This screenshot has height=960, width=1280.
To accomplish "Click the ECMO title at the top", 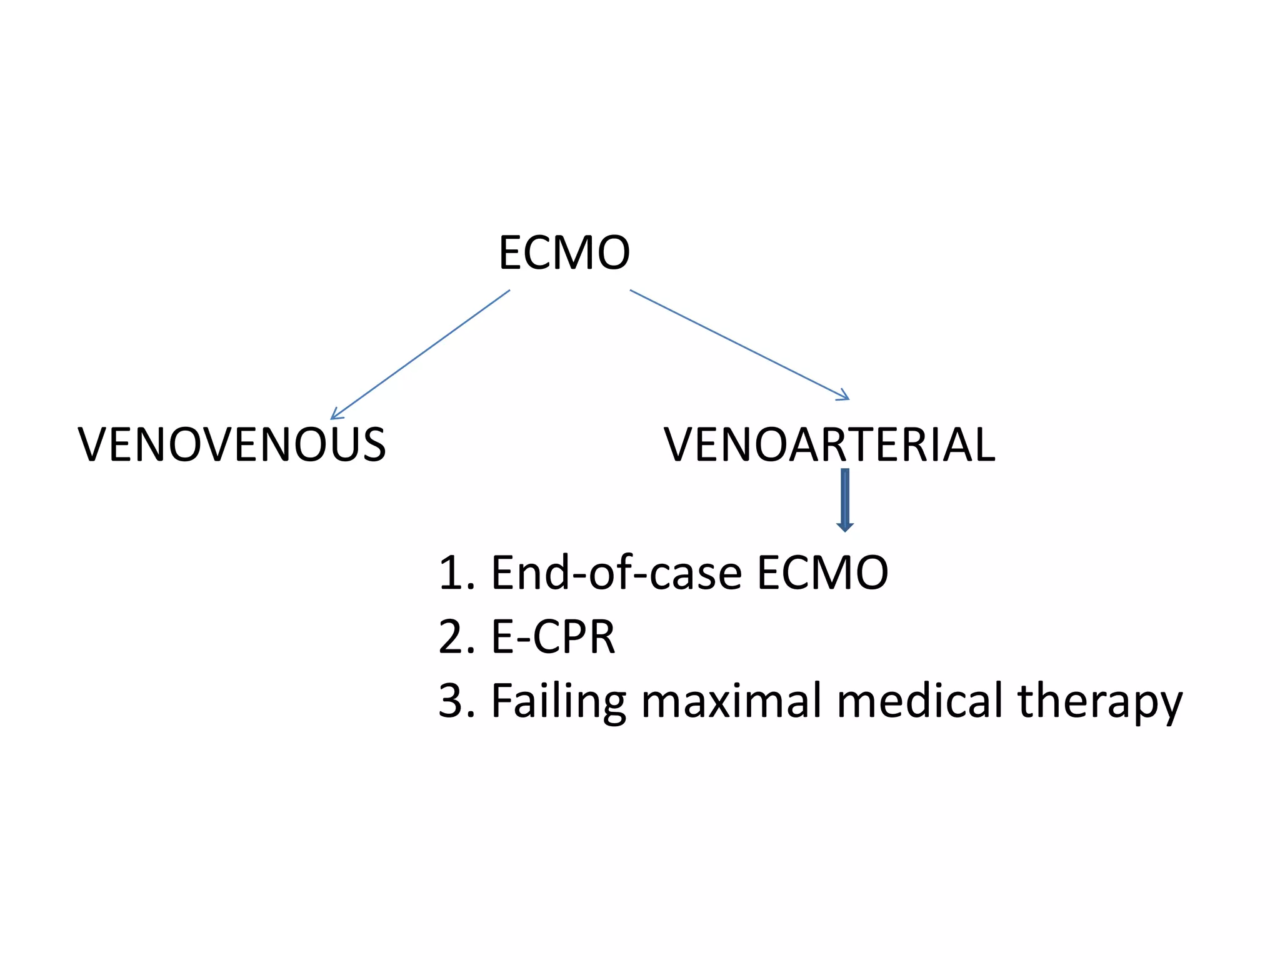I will coord(564,252).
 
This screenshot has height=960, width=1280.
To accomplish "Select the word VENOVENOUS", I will coord(232,444).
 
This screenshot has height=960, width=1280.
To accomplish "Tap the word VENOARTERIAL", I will coord(829,444).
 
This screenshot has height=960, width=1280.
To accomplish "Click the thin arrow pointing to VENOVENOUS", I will coord(420,354).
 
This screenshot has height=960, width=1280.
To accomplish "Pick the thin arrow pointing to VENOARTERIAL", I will coord(739,344).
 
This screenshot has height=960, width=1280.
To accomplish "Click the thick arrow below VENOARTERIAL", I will coord(845,500).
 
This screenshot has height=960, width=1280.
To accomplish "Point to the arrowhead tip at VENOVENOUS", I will coord(332,418).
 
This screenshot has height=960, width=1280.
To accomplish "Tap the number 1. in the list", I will coord(456,572).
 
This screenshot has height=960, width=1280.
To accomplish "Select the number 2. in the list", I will coord(456,637).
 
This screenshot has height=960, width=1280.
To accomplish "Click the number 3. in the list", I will coord(456,701).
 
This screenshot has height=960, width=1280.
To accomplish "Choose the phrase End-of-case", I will coord(616,572).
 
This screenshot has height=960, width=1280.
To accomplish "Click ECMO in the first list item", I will coord(822,572).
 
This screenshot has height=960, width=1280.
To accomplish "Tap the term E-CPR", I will coord(553,637).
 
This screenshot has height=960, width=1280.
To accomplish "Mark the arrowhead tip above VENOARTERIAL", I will coord(848,398).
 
